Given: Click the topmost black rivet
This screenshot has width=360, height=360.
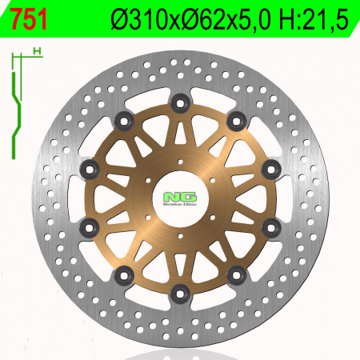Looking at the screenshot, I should pos(180,103).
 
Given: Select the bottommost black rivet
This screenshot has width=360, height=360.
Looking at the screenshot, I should pos(180,293).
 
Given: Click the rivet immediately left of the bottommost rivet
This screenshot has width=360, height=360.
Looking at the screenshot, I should pos(124,275).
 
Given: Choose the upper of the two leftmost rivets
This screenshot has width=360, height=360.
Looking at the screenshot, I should pos(90,168).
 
